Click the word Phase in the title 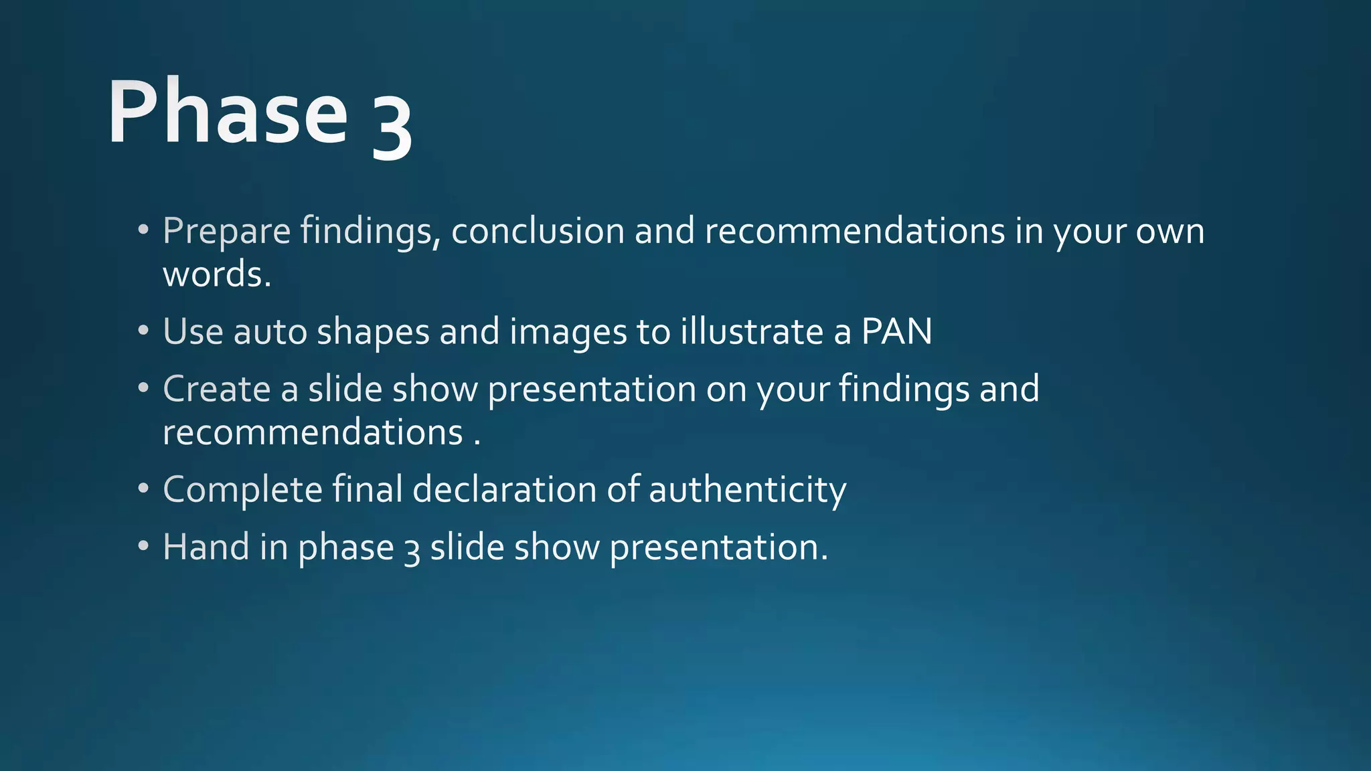point(228,112)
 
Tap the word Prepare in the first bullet point(226,232)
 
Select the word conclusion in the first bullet point(538,232)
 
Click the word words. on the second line point(217,275)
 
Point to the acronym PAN point(896,332)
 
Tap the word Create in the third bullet point(216,389)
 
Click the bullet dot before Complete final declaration point(143,489)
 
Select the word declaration point(504,489)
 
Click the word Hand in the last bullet point(206,547)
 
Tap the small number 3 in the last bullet point(412,551)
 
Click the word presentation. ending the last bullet point(718,548)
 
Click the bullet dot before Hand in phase point(143,546)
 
